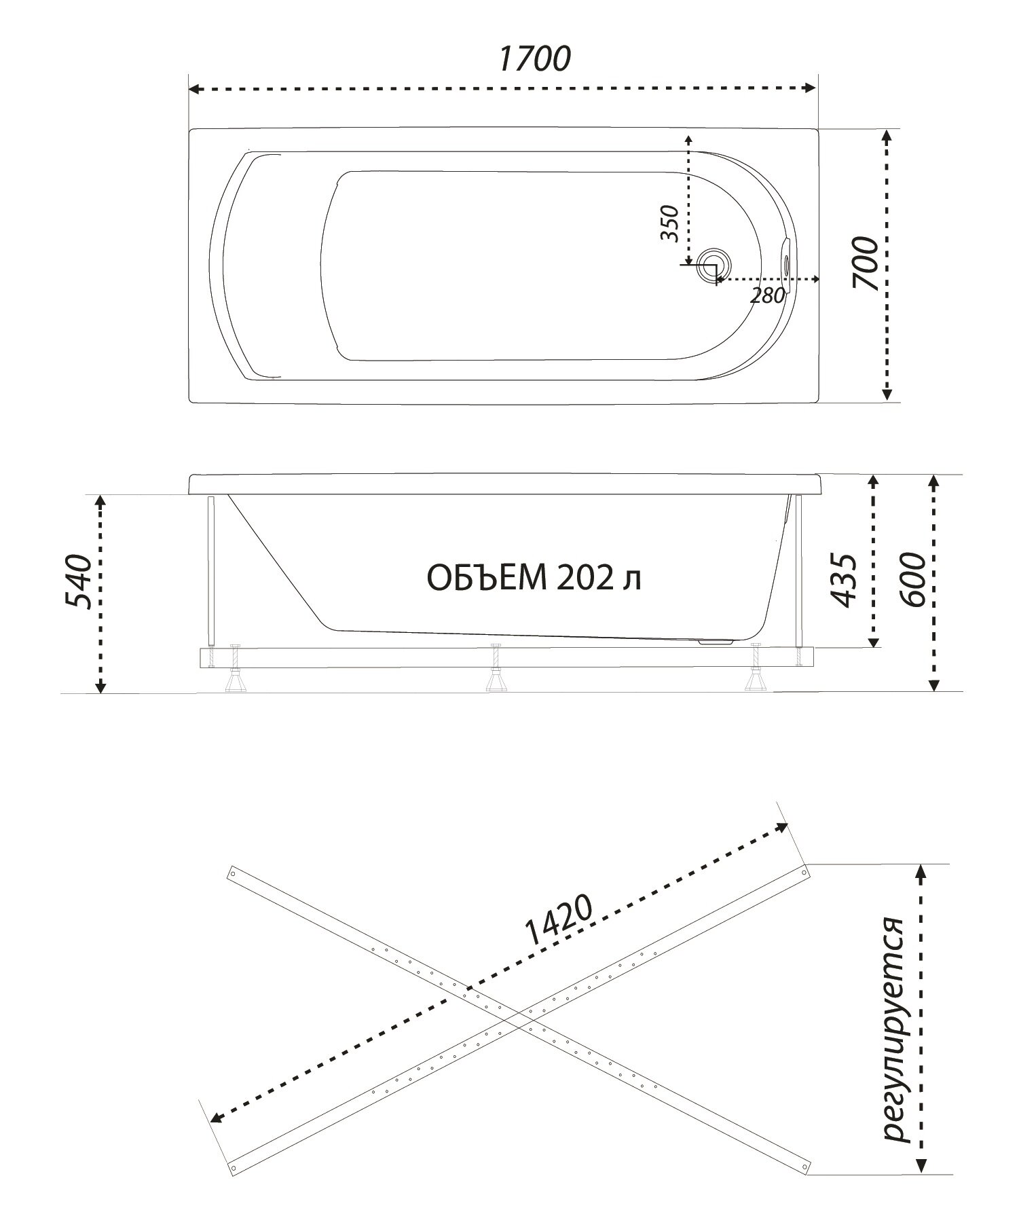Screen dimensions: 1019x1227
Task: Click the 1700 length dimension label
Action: tap(534, 59)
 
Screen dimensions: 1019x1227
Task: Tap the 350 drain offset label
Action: tap(669, 223)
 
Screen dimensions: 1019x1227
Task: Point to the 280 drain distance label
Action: tap(768, 295)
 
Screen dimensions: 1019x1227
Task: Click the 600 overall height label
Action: tap(911, 581)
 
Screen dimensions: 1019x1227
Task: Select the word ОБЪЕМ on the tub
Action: tap(487, 579)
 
